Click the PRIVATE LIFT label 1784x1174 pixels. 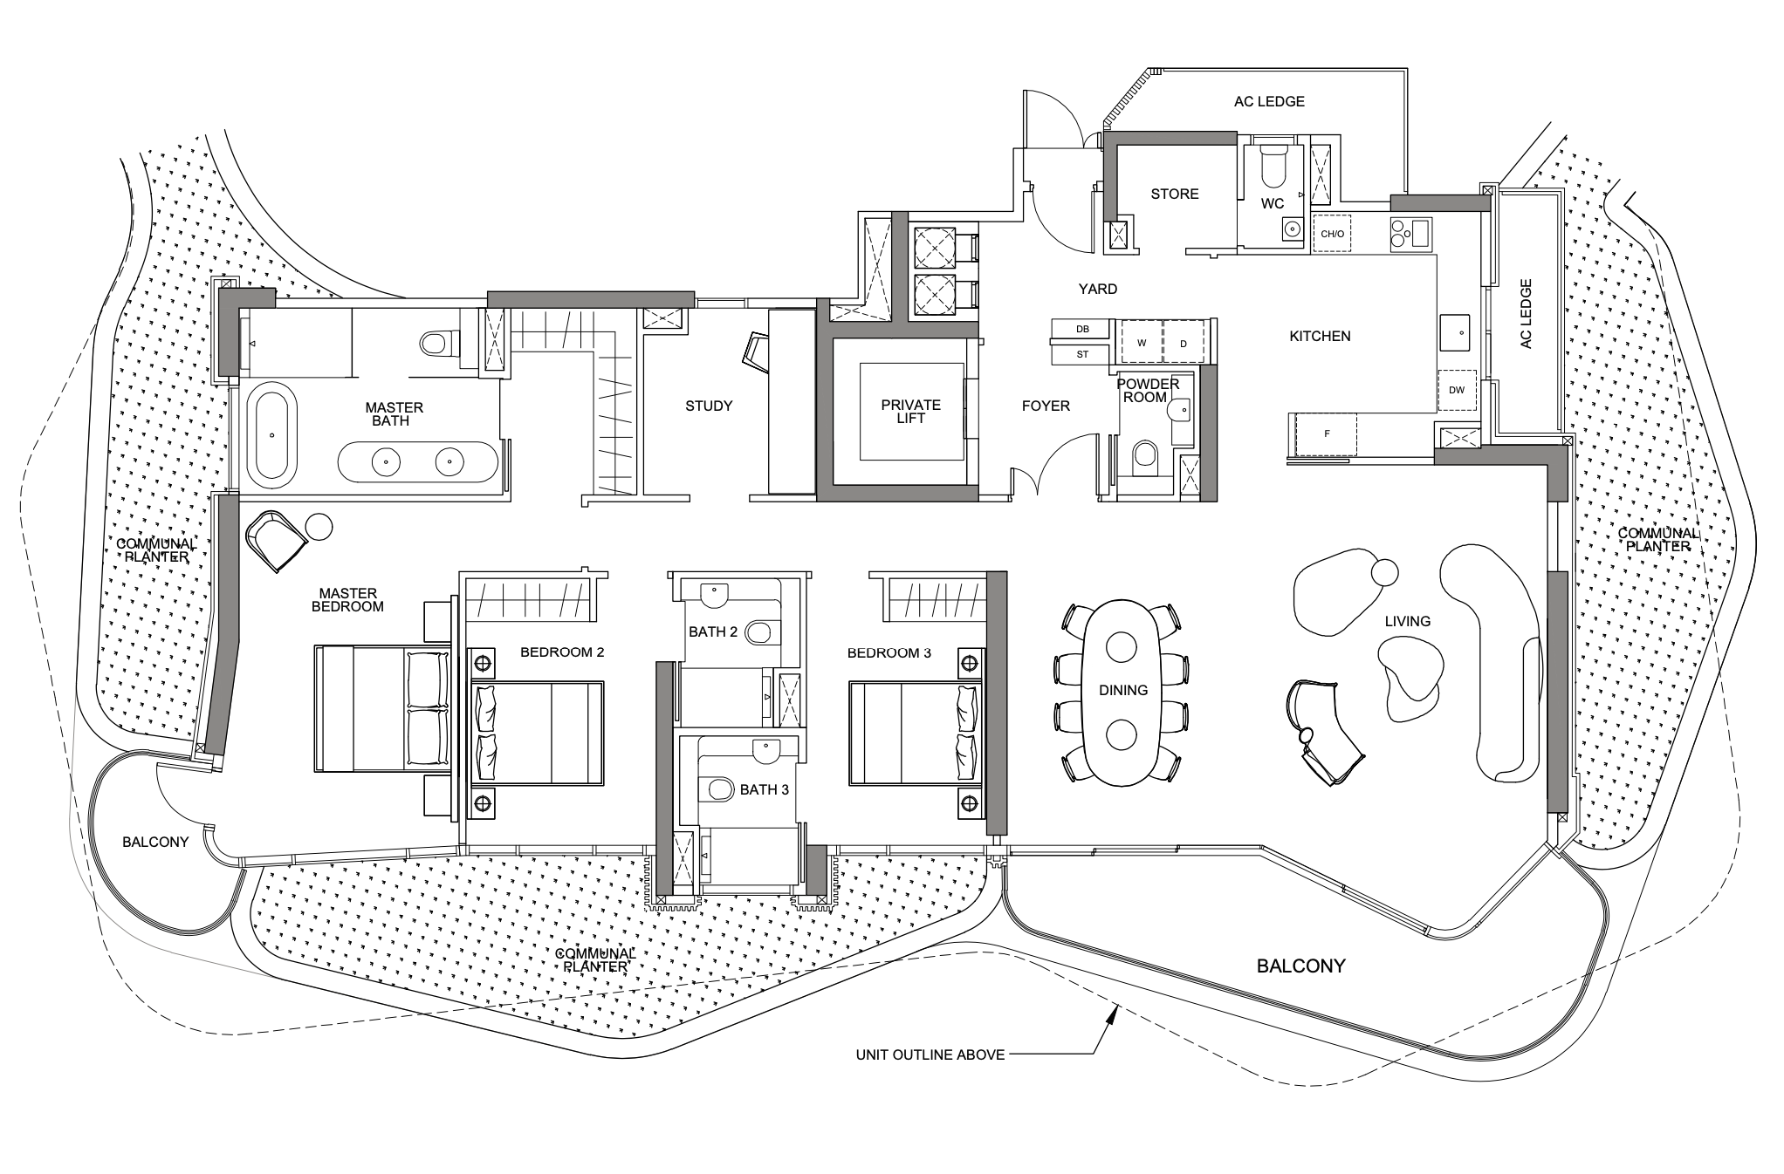(910, 411)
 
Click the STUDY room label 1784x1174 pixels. (709, 406)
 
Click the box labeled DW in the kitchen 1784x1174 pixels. (1456, 390)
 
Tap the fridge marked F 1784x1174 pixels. (1327, 433)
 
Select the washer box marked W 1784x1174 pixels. (1142, 343)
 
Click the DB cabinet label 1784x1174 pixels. (1082, 329)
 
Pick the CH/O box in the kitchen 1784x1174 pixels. (1332, 234)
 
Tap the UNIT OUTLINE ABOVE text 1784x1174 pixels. (930, 1055)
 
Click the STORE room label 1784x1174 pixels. (1174, 194)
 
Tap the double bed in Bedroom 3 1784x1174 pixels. (916, 734)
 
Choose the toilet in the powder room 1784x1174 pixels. (1143, 456)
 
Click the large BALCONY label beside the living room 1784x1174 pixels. (1300, 966)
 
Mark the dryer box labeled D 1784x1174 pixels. (1184, 343)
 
